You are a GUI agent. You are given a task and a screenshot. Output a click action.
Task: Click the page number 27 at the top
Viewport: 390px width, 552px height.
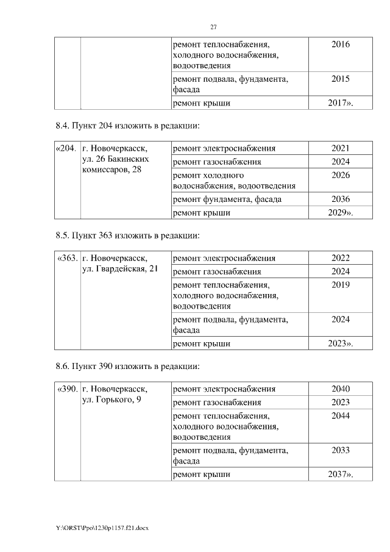point(213,27)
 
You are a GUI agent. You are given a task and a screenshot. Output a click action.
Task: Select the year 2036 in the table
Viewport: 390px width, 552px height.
point(341,199)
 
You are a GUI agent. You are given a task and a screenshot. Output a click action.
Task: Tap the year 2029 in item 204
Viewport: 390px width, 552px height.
point(341,213)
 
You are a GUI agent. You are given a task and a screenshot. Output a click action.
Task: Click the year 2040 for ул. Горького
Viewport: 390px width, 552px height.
point(341,389)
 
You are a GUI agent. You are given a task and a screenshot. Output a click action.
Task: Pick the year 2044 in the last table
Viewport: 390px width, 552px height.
point(341,415)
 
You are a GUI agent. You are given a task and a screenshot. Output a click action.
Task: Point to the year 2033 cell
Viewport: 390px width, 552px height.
point(341,450)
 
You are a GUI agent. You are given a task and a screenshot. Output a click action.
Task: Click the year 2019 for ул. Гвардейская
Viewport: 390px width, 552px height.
point(341,284)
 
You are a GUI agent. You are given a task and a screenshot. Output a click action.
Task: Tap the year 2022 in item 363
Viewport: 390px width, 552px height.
point(341,258)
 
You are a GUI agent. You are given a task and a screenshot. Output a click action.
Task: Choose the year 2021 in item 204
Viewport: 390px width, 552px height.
point(341,148)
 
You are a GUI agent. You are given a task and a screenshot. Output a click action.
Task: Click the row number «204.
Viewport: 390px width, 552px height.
point(66,148)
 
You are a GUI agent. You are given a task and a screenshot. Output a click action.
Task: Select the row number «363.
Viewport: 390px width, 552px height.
point(66,258)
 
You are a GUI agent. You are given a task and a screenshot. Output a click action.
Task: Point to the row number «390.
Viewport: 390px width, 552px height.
point(66,389)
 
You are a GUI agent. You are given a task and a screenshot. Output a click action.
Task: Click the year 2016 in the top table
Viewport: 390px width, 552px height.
point(341,45)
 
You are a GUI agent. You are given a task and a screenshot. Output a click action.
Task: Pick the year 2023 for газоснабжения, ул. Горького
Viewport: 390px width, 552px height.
point(341,402)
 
